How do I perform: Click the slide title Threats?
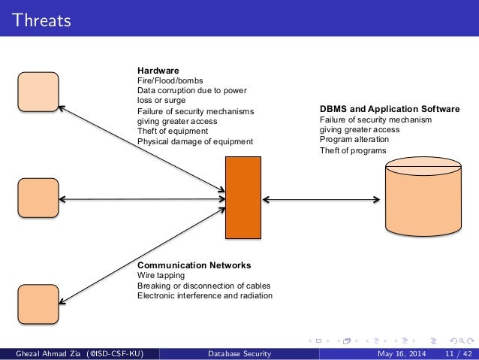coord(41,20)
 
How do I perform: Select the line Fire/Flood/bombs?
coord(170,80)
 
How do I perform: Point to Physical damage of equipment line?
coord(195,141)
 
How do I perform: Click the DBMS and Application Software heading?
coord(390,109)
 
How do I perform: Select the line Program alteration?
coord(354,139)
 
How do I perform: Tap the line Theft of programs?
coord(353,150)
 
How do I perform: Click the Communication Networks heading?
coord(194,265)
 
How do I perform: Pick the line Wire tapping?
coord(161,276)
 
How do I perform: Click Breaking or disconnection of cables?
coord(203,286)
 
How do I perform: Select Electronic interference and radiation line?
coord(204,296)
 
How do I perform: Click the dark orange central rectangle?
coord(243,197)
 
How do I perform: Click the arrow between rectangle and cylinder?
coord(320,199)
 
